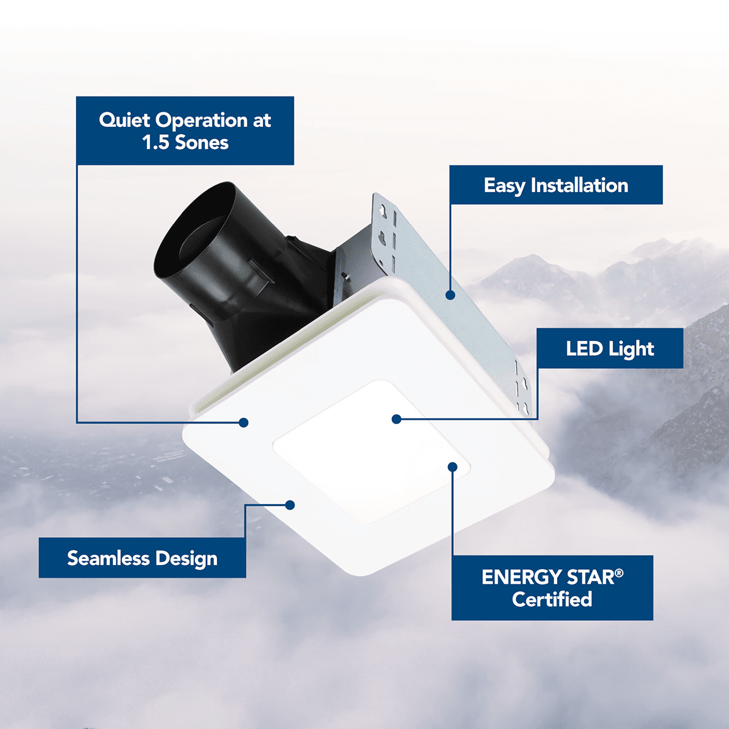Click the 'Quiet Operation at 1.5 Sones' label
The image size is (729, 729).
[185, 131]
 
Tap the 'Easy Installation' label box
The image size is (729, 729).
[556, 185]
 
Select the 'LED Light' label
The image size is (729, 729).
[610, 348]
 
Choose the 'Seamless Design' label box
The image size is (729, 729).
[142, 558]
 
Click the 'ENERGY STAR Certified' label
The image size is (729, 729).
[552, 587]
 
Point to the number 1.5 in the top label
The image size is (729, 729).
[156, 143]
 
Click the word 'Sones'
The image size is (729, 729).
[202, 143]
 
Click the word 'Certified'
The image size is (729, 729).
[552, 599]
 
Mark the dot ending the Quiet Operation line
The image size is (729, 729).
[244, 422]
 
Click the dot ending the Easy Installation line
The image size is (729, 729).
[450, 295]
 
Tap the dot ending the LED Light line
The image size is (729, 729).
[396, 419]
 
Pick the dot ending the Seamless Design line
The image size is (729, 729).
[290, 505]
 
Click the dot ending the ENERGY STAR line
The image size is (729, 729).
[453, 467]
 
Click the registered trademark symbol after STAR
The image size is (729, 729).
[619, 572]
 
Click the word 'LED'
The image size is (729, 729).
[584, 348]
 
